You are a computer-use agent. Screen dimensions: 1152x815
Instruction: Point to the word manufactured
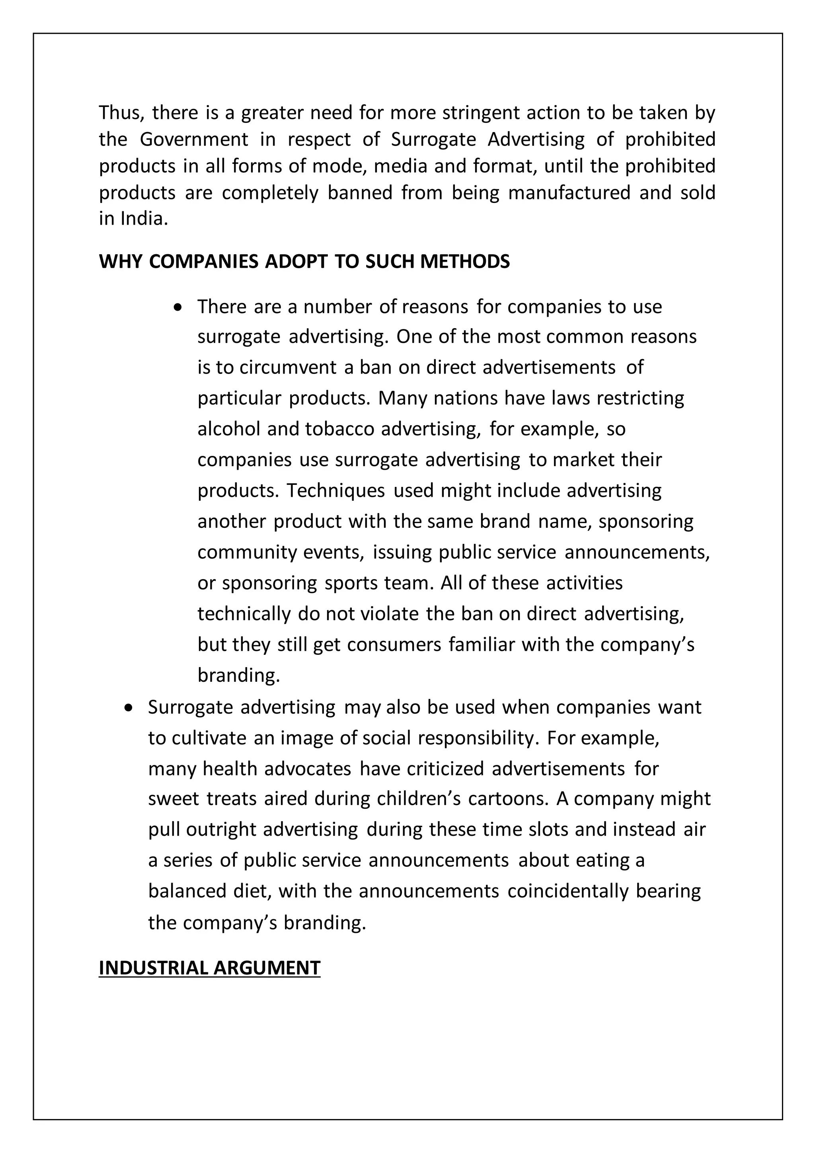(x=569, y=192)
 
